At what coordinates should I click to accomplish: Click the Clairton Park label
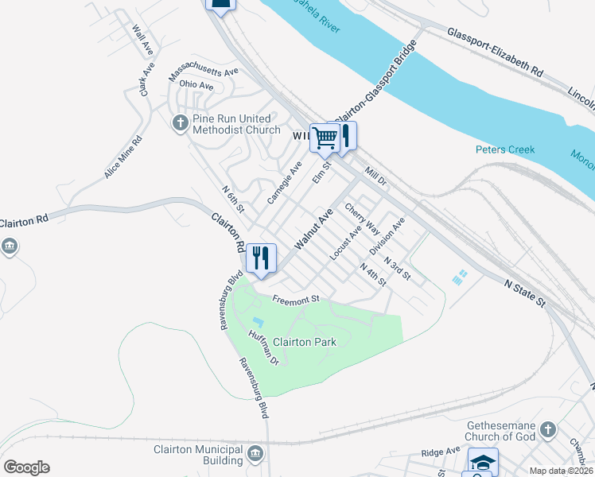pyautogui.click(x=305, y=342)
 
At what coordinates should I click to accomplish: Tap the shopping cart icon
pyautogui.click(x=324, y=137)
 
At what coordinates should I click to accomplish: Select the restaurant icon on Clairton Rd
pyautogui.click(x=261, y=258)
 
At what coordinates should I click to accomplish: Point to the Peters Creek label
pyautogui.click(x=505, y=149)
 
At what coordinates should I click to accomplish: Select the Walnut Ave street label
pyautogui.click(x=313, y=230)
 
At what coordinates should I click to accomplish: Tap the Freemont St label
pyautogui.click(x=295, y=300)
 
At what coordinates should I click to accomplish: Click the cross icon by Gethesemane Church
pyautogui.click(x=547, y=430)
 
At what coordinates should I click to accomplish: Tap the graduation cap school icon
pyautogui.click(x=482, y=461)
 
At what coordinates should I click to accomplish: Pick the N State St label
pyautogui.click(x=524, y=292)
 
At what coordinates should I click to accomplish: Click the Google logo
pyautogui.click(x=26, y=467)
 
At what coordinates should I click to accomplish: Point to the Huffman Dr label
pyautogui.click(x=263, y=347)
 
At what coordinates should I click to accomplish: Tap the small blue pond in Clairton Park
pyautogui.click(x=257, y=323)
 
